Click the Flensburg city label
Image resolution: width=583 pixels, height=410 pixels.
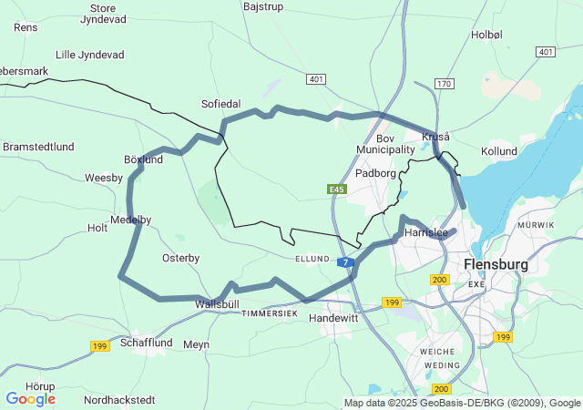click(496, 264)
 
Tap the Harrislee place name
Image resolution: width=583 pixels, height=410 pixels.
click(425, 232)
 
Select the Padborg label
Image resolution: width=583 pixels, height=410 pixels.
click(375, 172)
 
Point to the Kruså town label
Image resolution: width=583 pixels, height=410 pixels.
click(435, 136)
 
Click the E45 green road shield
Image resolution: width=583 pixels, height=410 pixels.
click(337, 189)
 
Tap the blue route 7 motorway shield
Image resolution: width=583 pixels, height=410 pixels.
click(346, 262)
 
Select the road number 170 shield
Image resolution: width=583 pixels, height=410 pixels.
click(444, 84)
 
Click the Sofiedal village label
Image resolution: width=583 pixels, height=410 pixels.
click(220, 105)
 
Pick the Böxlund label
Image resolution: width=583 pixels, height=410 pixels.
click(143, 159)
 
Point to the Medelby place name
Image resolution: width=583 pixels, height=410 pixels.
click(130, 220)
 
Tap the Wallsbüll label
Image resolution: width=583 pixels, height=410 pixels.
click(217, 302)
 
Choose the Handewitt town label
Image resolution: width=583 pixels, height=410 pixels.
click(333, 319)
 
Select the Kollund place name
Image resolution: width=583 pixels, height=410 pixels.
click(498, 150)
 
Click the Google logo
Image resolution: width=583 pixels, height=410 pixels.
click(30, 398)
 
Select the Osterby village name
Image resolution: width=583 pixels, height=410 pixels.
click(180, 258)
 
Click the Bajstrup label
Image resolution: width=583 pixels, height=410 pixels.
click(265, 6)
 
